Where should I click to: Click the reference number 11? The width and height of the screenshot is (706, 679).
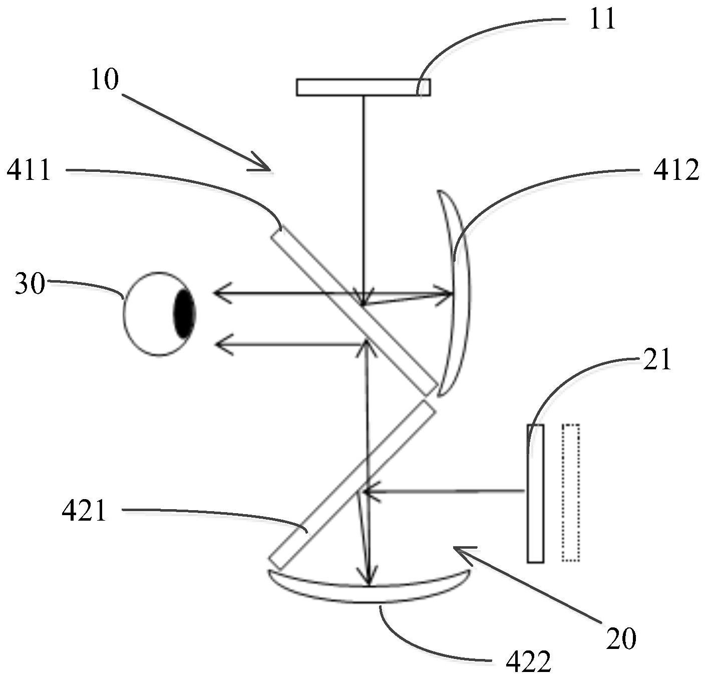(602, 20)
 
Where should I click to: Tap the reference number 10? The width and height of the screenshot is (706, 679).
(105, 80)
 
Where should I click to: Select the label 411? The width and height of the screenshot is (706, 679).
(29, 171)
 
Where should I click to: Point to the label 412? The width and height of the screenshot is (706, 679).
(676, 171)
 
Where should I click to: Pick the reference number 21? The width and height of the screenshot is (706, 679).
(656, 360)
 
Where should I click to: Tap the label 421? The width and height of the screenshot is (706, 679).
(84, 512)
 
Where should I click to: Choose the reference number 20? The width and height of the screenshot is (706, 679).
(621, 638)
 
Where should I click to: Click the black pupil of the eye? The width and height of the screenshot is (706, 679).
(184, 314)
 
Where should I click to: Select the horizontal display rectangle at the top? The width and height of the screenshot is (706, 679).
(363, 87)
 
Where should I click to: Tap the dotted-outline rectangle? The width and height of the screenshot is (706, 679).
(571, 493)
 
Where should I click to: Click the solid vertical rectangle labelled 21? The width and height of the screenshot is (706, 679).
(535, 493)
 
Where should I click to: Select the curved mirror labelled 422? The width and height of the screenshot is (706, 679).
(369, 591)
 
